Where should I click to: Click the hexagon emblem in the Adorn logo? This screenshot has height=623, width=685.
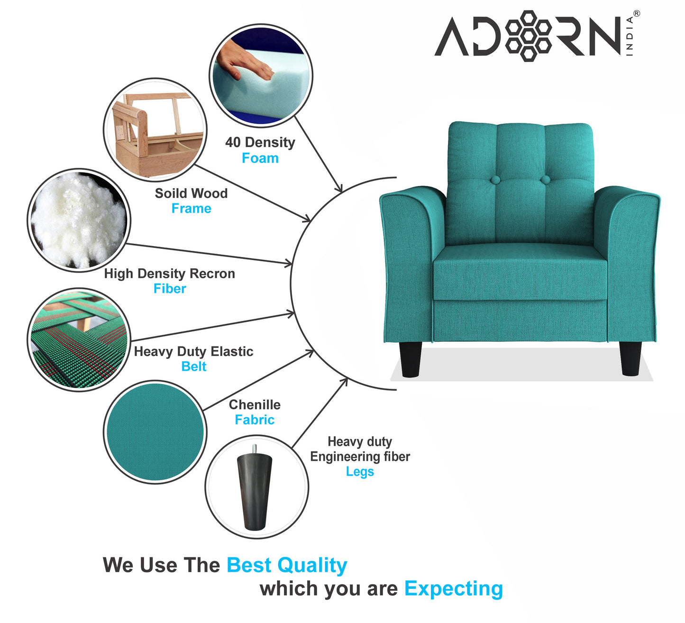pos(528,36)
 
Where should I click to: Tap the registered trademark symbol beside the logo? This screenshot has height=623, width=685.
pos(637,14)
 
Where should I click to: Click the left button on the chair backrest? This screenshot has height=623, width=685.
pos(495,179)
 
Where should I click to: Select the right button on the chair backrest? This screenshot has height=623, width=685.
pos(545,179)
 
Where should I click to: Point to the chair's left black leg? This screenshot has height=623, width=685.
pos(411,359)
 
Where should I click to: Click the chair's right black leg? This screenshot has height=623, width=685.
pos(630,358)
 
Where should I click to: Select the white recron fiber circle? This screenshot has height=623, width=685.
pos(79,220)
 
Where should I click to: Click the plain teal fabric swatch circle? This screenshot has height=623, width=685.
pos(155,432)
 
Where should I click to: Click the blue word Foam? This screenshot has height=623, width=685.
pos(260,158)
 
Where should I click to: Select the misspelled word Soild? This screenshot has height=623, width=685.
pos(170,193)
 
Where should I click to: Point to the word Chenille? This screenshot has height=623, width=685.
pos(255,404)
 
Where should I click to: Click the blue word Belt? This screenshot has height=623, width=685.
pos(193,366)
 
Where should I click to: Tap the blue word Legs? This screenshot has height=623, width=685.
pos(360,472)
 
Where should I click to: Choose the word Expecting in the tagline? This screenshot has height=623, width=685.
pos(454,589)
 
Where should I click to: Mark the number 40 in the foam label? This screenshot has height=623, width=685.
pos(233,142)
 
